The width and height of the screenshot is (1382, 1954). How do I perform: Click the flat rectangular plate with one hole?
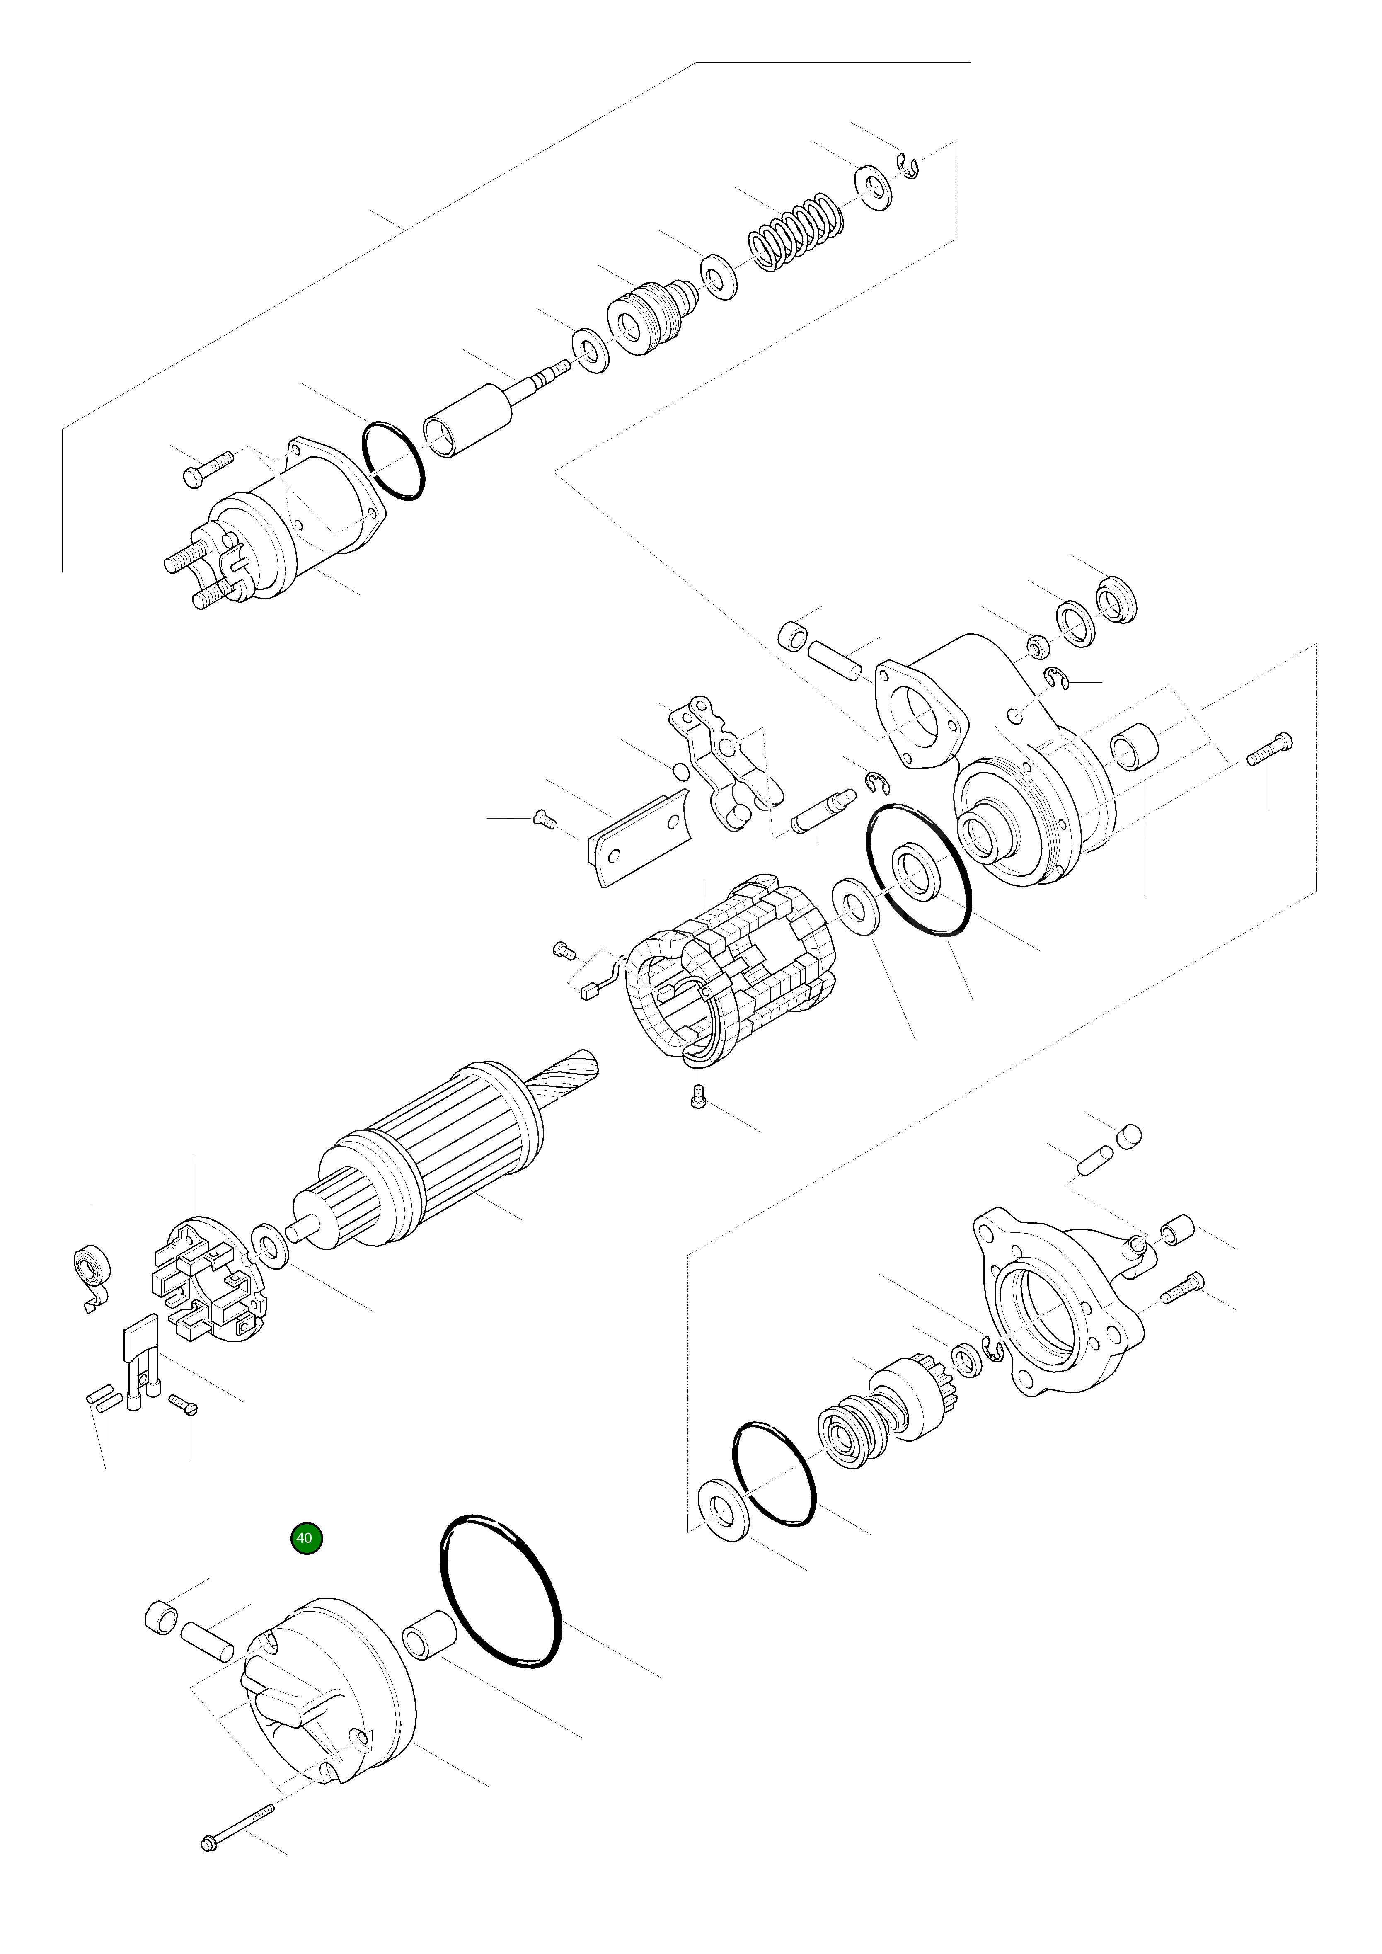(x=640, y=838)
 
